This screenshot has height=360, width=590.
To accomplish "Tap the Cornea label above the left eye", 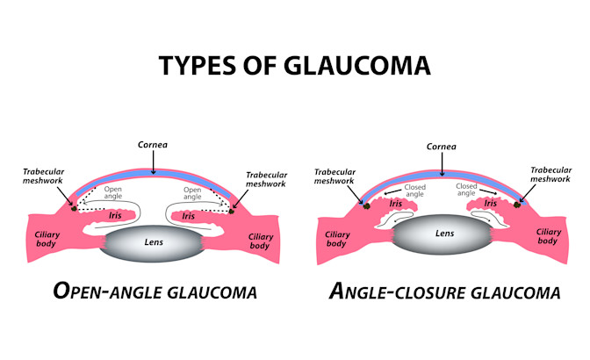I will (x=152, y=145).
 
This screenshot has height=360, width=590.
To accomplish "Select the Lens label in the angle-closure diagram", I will (x=444, y=234).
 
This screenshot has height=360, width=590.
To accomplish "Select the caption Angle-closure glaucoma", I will (x=444, y=292).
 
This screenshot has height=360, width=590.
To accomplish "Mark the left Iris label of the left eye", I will (x=116, y=213).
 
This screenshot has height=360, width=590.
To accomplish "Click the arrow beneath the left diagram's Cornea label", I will (x=152, y=162).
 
